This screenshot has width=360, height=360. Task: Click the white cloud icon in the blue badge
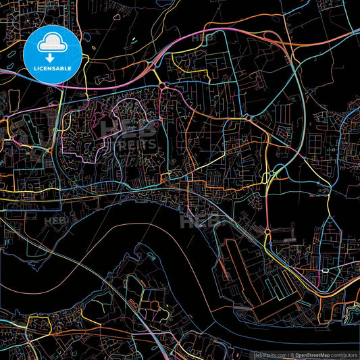pyautogui.click(x=52, y=45)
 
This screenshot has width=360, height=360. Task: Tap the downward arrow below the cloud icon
pyautogui.click(x=52, y=58)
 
